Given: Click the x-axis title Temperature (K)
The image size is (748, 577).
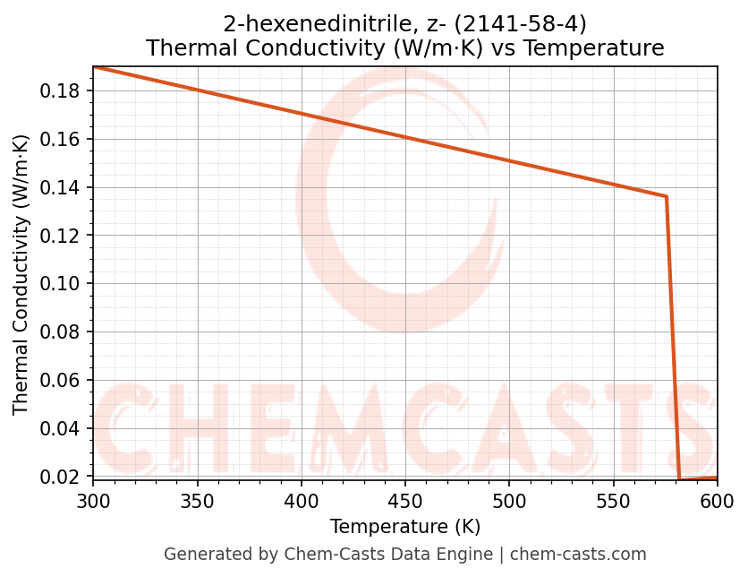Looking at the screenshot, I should pyautogui.click(x=405, y=527).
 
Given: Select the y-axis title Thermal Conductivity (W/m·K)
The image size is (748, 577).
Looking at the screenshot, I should pyautogui.click(x=21, y=274).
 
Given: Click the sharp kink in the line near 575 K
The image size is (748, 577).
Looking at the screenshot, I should pyautogui.click(x=667, y=196).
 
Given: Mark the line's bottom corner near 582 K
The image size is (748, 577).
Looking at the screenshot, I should pyautogui.click(x=680, y=479).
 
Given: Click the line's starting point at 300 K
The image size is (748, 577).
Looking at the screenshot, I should pyautogui.click(x=94, y=66).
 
